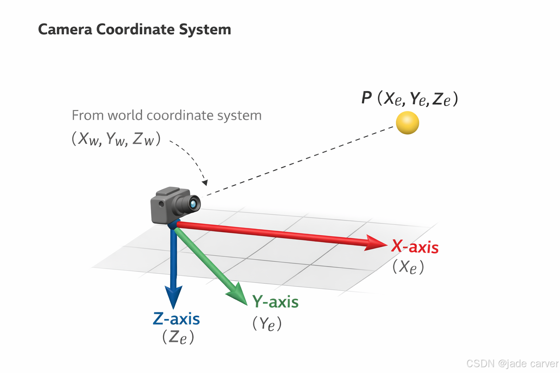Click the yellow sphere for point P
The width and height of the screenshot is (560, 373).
pyautogui.click(x=407, y=123)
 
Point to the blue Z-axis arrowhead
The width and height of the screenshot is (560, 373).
pyautogui.click(x=174, y=297)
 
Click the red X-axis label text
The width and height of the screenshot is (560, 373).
pyautogui.click(x=415, y=247)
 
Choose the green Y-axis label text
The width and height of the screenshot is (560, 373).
pyautogui.click(x=275, y=302)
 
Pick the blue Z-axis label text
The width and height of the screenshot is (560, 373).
pyautogui.click(x=176, y=319)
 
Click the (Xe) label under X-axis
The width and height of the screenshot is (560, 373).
pyautogui.click(x=408, y=267)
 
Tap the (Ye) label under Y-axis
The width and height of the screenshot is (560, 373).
pyautogui.click(x=267, y=324)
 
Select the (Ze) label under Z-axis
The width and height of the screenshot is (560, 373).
pyautogui.click(x=178, y=337)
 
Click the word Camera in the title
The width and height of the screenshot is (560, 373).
pyautogui.click(x=65, y=30)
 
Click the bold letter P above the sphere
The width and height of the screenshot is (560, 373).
pyautogui.click(x=366, y=98)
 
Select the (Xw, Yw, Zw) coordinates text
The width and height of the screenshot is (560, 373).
pyautogui.click(x=116, y=139)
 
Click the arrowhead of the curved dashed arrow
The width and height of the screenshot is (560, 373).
pyautogui.click(x=205, y=182)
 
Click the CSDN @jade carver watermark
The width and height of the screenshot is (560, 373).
pyautogui.click(x=512, y=363)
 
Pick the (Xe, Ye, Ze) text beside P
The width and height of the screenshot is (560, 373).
pyautogui.click(x=417, y=99)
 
